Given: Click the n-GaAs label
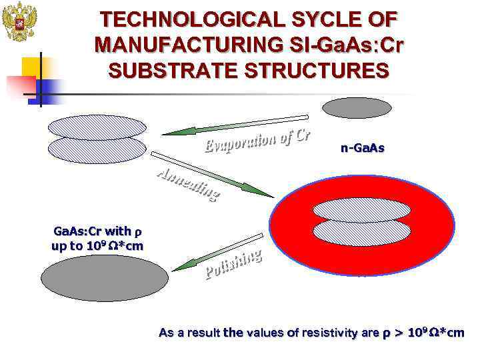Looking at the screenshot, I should tap(362, 149).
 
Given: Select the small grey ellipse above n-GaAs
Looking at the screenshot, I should tap(353, 108).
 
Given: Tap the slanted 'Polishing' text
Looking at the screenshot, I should tap(233, 263).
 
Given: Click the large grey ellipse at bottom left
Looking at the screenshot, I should tap(105, 278).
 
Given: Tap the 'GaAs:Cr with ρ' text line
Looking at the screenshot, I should tap(98, 232).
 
